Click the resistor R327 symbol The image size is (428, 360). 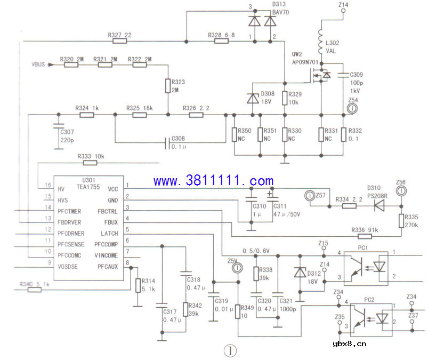pos(119,41)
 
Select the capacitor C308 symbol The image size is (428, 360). pos(167,142)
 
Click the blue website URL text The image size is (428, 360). pos(213,181)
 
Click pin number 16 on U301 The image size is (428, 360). pos(48,185)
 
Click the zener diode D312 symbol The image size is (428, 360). pos(298,271)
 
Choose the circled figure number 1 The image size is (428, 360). pos(229,350)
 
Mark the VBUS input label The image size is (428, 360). pos(39,65)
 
